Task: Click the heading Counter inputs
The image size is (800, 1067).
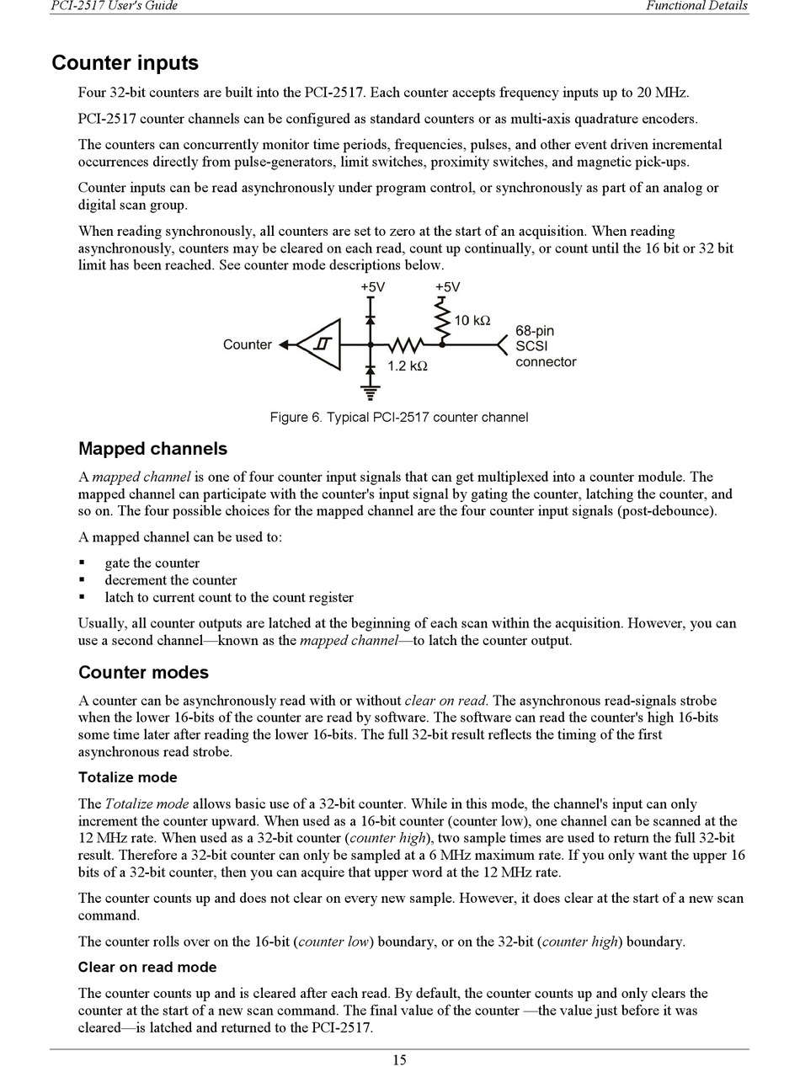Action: coord(125,63)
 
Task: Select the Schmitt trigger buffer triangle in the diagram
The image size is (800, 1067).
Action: coord(321,344)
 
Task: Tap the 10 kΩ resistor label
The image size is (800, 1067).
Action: coord(472,321)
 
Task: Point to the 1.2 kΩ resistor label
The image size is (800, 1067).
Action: coord(408,366)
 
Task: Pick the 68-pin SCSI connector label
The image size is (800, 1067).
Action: coord(546,346)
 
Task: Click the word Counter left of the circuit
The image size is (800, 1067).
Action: coord(247,344)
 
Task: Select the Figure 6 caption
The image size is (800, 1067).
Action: coord(399,417)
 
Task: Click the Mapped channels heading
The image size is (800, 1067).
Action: coord(152,448)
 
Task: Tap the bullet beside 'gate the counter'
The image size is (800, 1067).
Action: coord(83,563)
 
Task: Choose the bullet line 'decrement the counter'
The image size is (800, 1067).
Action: coord(171,580)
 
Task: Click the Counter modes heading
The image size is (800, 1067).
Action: coord(143,672)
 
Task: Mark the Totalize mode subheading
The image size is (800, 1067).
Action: coord(127,777)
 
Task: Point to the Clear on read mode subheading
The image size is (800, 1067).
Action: coord(147,967)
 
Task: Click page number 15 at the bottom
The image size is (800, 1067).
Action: coord(399,1059)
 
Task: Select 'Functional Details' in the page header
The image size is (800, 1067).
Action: coord(696,6)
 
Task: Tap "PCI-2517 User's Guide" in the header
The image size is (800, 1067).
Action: coord(115,6)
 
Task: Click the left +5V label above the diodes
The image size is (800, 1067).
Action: coord(372,287)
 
